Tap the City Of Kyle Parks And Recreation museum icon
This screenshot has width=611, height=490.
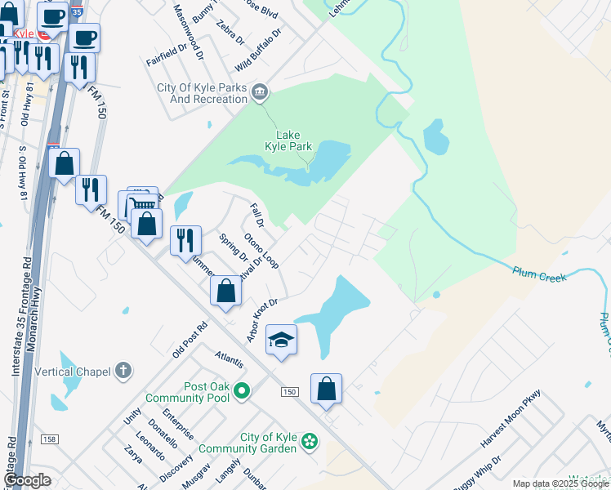[x=260, y=91]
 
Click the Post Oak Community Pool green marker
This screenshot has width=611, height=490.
[x=241, y=392]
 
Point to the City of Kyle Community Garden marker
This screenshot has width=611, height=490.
[x=310, y=442]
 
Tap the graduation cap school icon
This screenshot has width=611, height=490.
[x=281, y=340]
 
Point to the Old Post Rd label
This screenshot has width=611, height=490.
[x=190, y=340]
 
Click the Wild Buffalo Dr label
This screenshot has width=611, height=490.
[x=258, y=50]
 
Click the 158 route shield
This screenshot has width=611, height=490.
[x=49, y=439]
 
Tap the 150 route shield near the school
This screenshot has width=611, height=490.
[x=289, y=392]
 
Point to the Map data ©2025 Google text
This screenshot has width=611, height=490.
[x=560, y=483]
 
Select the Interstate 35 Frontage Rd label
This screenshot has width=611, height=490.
[x=20, y=318]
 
